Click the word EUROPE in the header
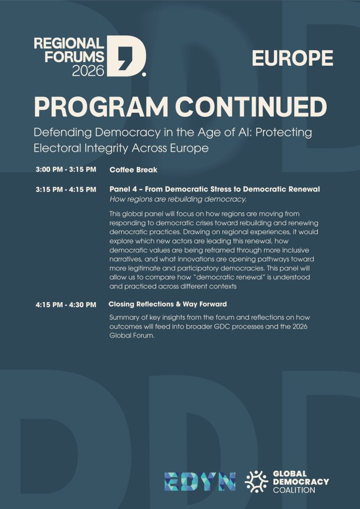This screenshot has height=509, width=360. point(292,58)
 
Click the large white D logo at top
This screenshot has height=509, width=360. point(127,56)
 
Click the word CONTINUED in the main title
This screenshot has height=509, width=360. point(253,107)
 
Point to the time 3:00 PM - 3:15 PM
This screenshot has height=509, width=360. point(66,170)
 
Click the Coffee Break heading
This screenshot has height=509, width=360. point(133,170)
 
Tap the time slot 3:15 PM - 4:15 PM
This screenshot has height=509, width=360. point(66,189)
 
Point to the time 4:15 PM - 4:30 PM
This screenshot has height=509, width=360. point(66,304)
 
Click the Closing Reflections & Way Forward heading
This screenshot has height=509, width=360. point(168,304)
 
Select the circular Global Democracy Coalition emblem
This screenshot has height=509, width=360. point(257,481)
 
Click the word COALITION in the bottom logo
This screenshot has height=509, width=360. point(294,490)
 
